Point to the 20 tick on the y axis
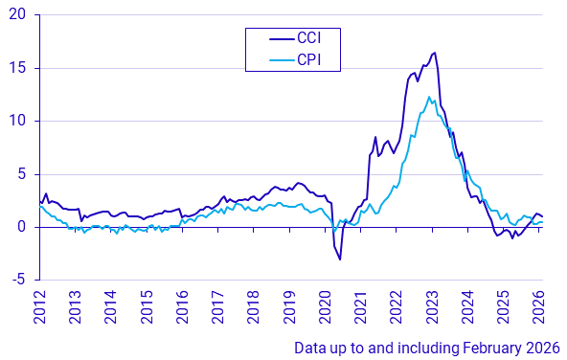pos(19,15)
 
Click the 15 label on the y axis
pos(19,68)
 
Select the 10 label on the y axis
pos(19,121)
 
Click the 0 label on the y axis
pos(23,227)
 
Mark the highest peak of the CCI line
pos(435,53)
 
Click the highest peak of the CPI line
pos(431,97)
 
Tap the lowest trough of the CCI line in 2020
pos(340,259)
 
